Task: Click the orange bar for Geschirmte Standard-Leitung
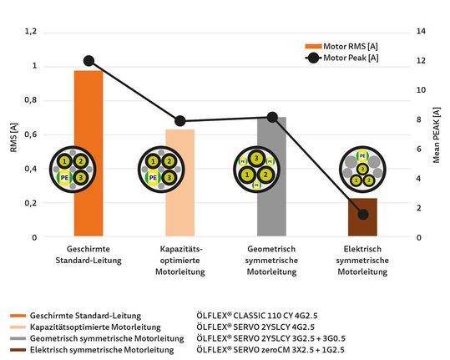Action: (x=88, y=125)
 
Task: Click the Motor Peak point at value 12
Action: (x=88, y=61)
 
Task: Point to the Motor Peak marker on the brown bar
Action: (x=362, y=215)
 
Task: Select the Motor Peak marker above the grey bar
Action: (x=271, y=117)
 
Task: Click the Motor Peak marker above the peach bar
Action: (x=179, y=121)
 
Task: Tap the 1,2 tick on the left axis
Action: (x=31, y=32)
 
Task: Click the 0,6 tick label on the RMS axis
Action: (x=31, y=134)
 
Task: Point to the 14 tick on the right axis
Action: (x=421, y=32)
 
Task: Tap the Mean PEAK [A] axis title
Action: (x=438, y=134)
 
